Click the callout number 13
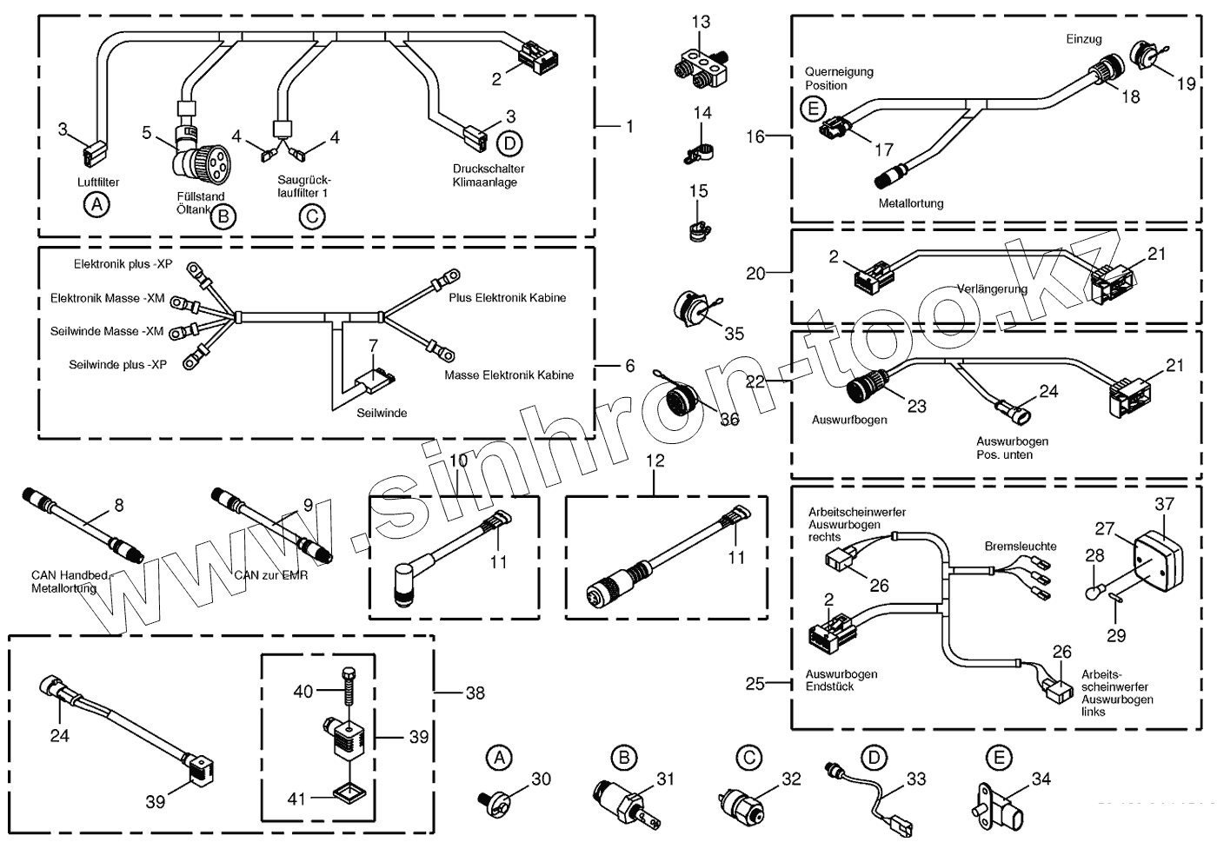coord(701,22)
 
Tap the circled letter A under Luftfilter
coord(97,205)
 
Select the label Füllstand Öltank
coord(201,202)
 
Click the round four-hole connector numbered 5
coord(202,161)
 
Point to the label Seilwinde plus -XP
coord(118,365)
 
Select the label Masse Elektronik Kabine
coord(509,375)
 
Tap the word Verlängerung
coord(992,288)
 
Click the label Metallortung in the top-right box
coord(910,203)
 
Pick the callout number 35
coord(734,334)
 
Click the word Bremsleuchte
coord(1021,547)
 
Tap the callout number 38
coord(475,693)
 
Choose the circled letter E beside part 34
coord(999,758)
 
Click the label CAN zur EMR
coord(271,574)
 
